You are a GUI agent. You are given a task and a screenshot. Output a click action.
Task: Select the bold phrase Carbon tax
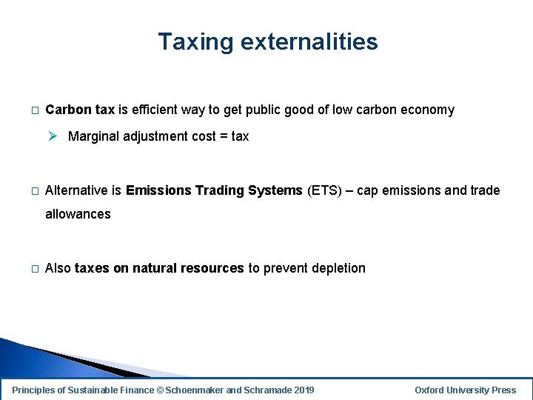[80, 110]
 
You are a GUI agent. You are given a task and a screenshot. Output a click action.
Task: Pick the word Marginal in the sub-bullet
[94, 136]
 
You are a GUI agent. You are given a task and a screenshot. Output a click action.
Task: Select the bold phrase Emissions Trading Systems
[215, 190]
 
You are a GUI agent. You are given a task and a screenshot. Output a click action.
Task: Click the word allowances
[78, 214]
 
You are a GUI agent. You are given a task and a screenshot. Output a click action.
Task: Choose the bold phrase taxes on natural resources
[159, 268]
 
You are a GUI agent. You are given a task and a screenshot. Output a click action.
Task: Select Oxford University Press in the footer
[465, 390]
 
